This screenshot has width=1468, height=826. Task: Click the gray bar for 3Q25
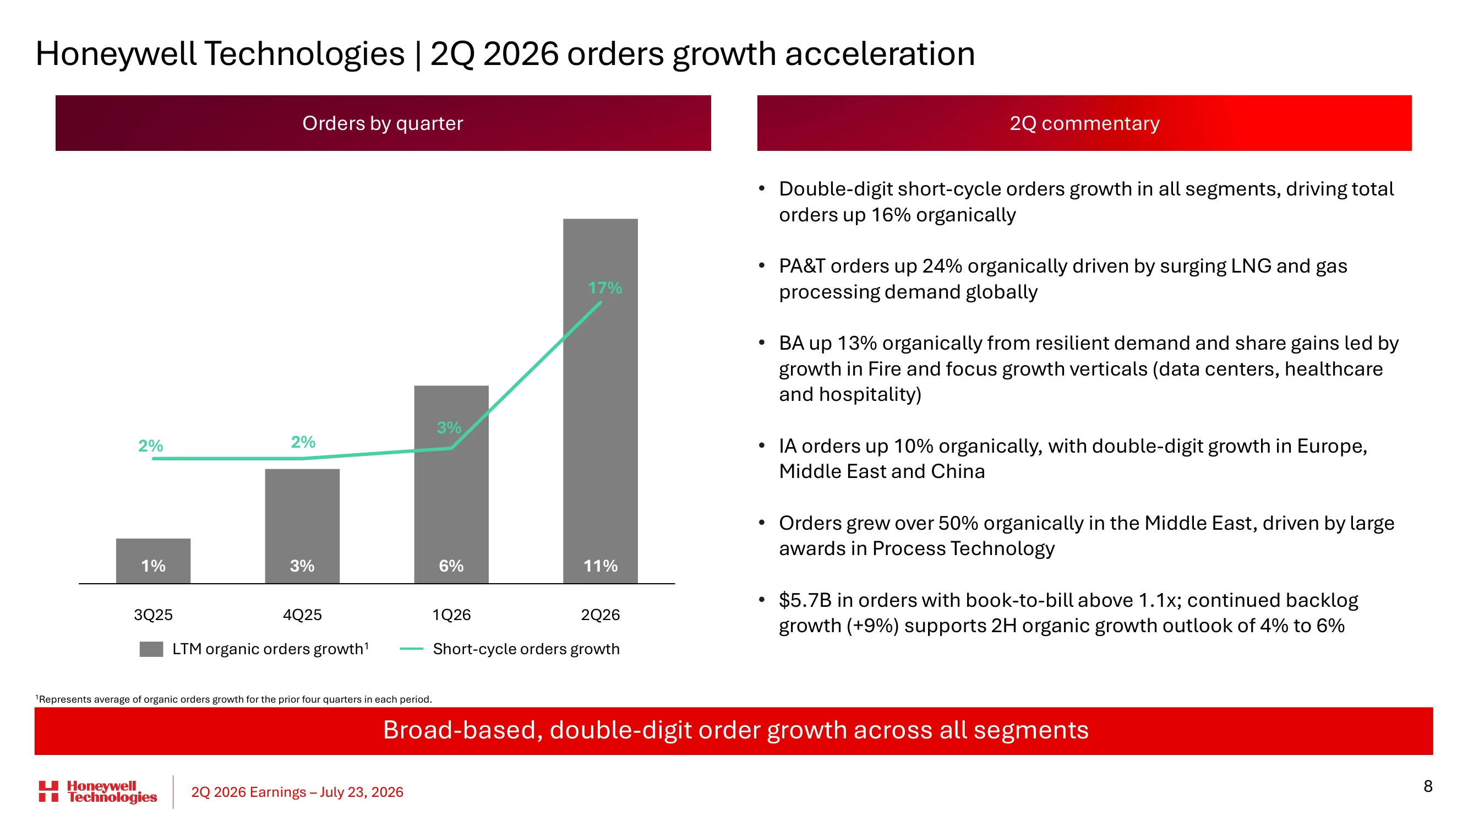[x=154, y=561]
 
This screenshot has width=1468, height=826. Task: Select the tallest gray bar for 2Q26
[x=600, y=401]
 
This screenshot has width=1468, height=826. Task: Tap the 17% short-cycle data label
[x=604, y=288]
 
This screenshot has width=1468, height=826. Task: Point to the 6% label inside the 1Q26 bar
[x=451, y=566]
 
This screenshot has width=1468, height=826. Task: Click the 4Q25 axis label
[x=302, y=615]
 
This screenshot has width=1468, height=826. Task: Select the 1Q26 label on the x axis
[x=451, y=615]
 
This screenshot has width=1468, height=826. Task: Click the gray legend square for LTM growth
[x=151, y=649]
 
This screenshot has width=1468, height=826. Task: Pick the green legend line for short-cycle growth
[x=412, y=649]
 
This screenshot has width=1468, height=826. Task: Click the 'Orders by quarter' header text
[x=383, y=123]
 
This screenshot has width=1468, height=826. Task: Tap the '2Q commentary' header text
[x=1084, y=123]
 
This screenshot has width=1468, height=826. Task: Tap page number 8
[x=1427, y=786]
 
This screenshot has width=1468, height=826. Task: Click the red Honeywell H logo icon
[x=48, y=791]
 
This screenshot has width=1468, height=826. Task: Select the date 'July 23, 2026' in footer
[x=361, y=792]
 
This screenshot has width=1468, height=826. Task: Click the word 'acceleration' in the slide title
[x=880, y=53]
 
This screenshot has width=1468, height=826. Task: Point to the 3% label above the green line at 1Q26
[x=449, y=427]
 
